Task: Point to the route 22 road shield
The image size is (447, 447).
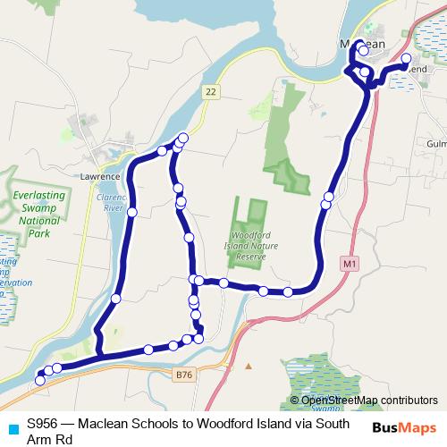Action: (x=209, y=91)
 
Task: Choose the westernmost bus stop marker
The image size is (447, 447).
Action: (x=39, y=381)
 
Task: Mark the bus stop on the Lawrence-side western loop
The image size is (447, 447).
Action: (x=132, y=212)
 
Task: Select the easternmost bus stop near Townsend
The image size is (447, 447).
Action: (x=407, y=59)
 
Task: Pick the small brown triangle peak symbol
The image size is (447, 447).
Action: (x=249, y=367)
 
